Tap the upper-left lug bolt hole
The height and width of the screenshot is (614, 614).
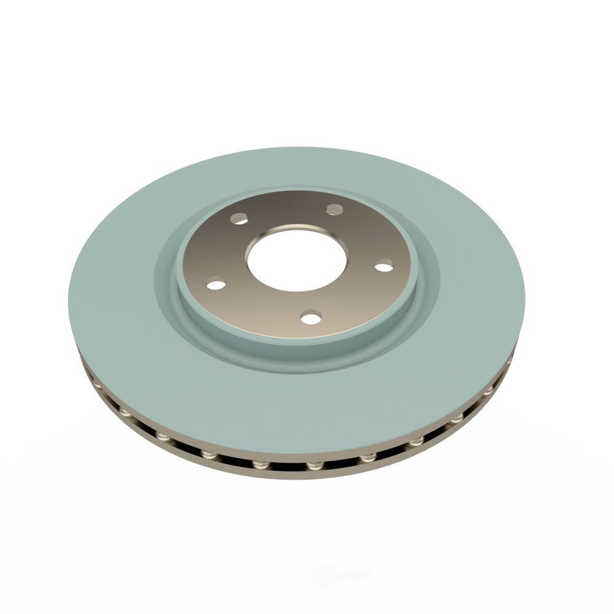[x=239, y=219]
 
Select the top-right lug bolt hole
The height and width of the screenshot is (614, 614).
[x=335, y=210]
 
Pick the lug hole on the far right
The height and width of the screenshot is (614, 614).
[x=384, y=266]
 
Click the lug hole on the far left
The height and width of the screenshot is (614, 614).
[x=216, y=284]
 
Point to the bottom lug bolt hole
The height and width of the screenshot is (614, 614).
[x=311, y=317]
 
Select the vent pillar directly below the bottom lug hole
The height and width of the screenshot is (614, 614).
[x=315, y=466]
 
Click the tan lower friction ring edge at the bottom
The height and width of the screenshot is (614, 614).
[x=295, y=476]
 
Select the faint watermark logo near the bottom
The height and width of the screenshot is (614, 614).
[x=332, y=576]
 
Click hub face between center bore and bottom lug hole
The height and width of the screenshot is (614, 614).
[x=304, y=302]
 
